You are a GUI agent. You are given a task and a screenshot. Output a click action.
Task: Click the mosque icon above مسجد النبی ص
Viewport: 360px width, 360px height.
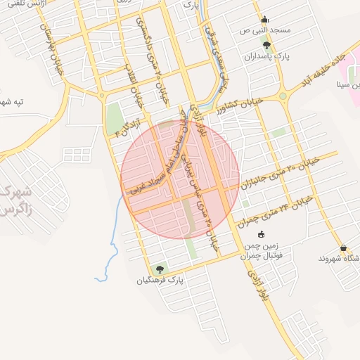[x=264, y=20]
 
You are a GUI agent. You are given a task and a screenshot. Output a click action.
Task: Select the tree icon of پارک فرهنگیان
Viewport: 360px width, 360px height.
[x=160, y=269]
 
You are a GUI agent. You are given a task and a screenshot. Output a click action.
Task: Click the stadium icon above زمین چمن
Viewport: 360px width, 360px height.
[x=262, y=235]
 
